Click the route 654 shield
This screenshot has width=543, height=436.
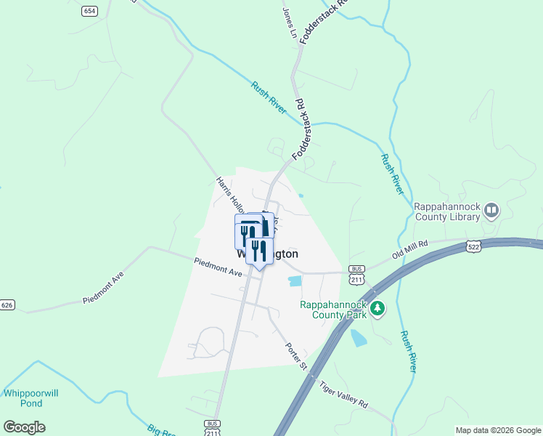pos(89,11)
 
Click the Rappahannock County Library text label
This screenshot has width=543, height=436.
pos(447,211)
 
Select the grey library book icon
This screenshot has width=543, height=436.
pos(492,211)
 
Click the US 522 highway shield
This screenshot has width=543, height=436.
pos(473,247)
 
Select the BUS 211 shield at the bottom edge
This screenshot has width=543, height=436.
pos(212,427)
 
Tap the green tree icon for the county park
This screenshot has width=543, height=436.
pos(377,310)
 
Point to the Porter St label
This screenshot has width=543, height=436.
pos(297,355)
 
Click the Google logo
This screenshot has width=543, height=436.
pos(24,427)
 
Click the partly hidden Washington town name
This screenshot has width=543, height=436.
pos(269,255)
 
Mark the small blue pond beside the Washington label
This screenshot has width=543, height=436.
pos(295,280)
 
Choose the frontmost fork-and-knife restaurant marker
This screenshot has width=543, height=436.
pos(258,251)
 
